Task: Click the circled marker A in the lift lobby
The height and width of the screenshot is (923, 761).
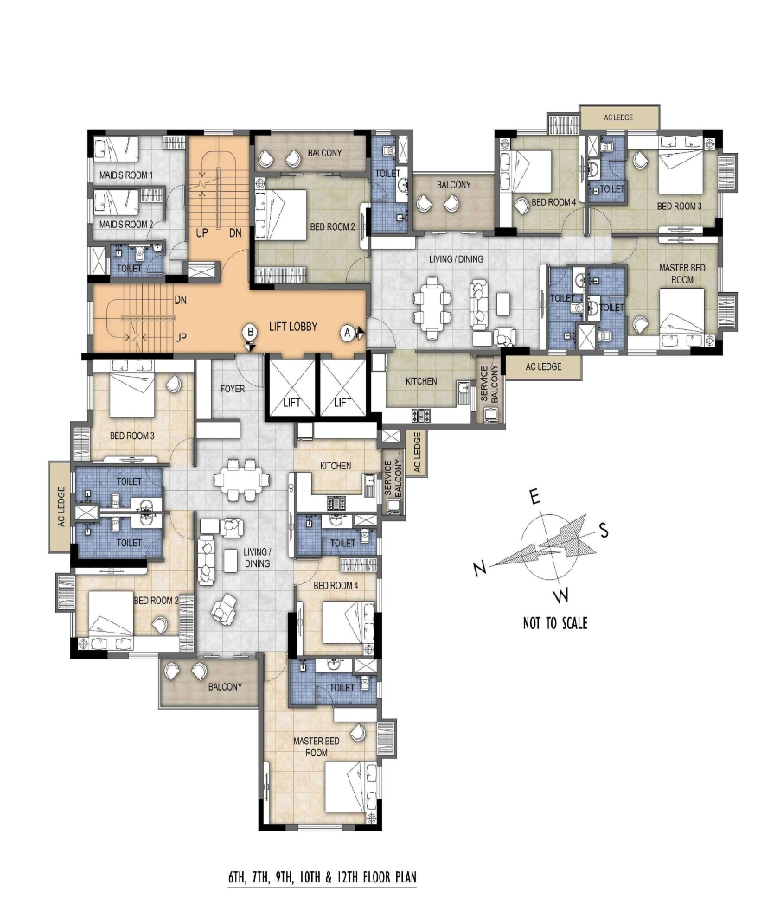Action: [x=348, y=333]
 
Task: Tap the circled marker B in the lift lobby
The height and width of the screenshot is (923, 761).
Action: [x=250, y=332]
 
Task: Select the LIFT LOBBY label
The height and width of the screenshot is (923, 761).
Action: [x=293, y=327]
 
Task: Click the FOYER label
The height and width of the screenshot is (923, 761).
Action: [x=233, y=389]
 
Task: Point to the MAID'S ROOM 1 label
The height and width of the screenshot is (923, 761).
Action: [x=126, y=175]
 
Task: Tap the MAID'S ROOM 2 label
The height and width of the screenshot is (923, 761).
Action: [x=126, y=225]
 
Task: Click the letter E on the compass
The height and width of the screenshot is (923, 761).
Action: [x=534, y=498]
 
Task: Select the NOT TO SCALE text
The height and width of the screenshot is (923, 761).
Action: [x=555, y=623]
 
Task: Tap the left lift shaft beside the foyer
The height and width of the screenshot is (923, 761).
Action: [x=291, y=386]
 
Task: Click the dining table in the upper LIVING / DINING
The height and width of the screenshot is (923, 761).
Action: [x=433, y=308]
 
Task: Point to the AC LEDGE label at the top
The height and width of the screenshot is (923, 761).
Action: [x=618, y=118]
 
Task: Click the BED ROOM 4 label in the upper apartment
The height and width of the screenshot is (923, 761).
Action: [x=553, y=202]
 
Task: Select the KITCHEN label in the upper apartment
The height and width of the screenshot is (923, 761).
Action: [x=421, y=381]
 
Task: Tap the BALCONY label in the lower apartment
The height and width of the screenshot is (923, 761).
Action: [x=225, y=687]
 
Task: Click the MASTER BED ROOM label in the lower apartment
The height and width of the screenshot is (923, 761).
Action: [x=317, y=747]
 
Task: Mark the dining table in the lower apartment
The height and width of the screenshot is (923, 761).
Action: [x=242, y=480]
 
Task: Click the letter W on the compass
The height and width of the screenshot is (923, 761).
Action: [x=562, y=595]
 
